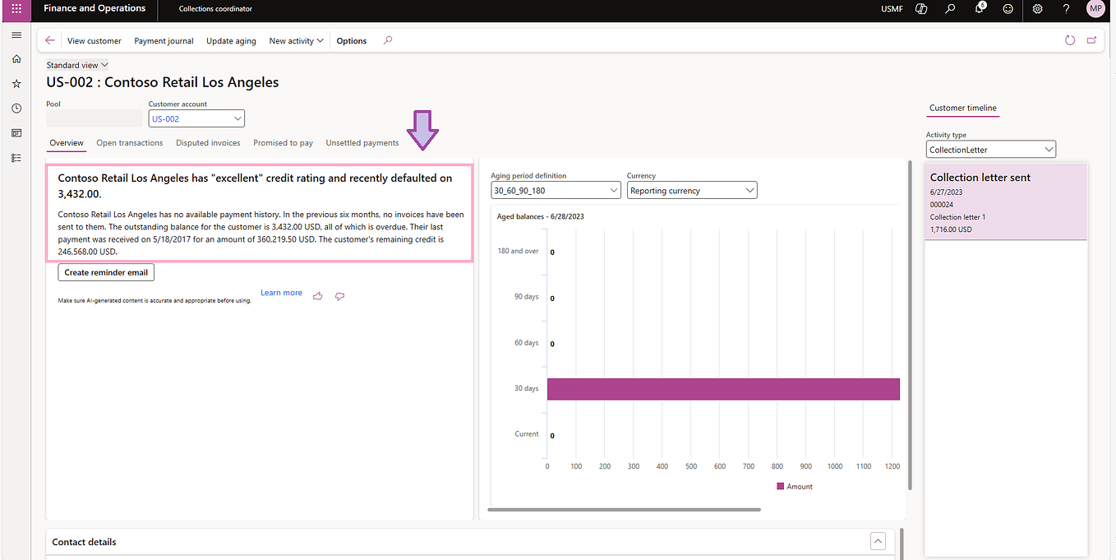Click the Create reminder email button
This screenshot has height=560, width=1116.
point(106,272)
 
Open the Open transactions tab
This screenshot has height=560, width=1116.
point(129,143)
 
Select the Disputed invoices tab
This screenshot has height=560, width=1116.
point(208,143)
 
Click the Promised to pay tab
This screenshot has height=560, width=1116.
point(283,143)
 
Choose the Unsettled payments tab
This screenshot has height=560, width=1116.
point(362,143)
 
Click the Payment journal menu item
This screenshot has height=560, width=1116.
point(164,41)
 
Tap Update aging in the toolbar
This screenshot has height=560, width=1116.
point(231,41)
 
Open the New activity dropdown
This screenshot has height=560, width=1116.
point(296,41)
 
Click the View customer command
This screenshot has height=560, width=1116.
point(94,41)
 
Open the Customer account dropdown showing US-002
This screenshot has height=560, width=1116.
point(196,119)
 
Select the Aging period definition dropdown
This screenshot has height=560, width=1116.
point(555,191)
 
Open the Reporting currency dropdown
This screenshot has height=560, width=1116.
point(691,191)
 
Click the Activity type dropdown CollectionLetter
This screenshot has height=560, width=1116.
point(990,150)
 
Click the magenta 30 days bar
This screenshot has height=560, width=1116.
point(723,389)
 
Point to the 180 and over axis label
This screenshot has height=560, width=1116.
point(518,252)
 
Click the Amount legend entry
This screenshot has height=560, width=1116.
point(795,487)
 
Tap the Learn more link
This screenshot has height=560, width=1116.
point(281,293)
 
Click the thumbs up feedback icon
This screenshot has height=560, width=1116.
point(318,296)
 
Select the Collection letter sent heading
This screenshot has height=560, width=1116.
point(980,178)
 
